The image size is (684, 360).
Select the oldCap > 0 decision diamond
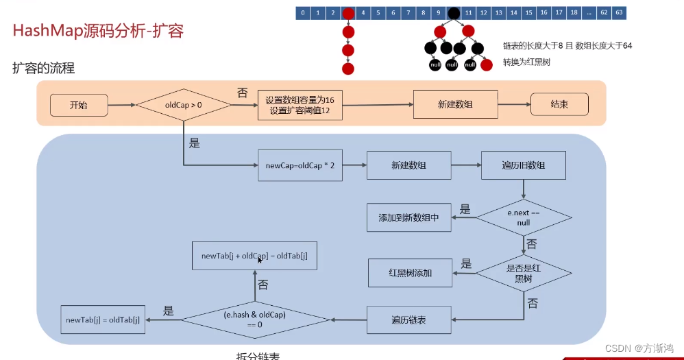pyautogui.click(x=183, y=105)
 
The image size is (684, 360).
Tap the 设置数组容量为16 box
pyautogui.click(x=300, y=105)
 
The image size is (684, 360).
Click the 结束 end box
pyautogui.click(x=559, y=105)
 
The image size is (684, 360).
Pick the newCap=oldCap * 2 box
pyautogui.click(x=300, y=165)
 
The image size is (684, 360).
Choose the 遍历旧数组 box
pyautogui.click(x=524, y=165)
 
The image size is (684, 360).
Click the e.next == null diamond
pyautogui.click(x=524, y=218)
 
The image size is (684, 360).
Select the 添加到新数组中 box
pyautogui.click(x=408, y=217)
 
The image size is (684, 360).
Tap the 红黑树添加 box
pyautogui.click(x=410, y=272)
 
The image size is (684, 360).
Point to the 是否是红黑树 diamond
pyautogui.click(x=524, y=273)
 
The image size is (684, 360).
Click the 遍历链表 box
pyautogui.click(x=409, y=320)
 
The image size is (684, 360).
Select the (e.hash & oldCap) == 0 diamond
pyautogui.click(x=254, y=320)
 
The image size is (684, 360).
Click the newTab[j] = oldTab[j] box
pyautogui.click(x=103, y=320)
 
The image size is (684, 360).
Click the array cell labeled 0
pyautogui.click(x=303, y=12)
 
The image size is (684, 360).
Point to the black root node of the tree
pyautogui.click(x=454, y=13)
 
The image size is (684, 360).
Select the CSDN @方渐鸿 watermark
pyautogui.click(x=639, y=348)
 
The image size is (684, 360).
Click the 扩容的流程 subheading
pyautogui.click(x=43, y=68)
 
